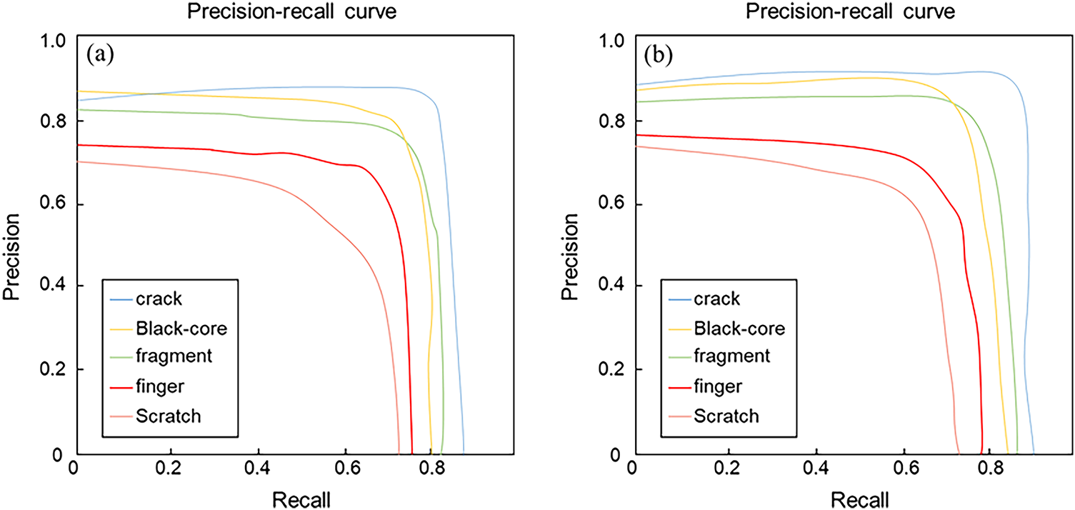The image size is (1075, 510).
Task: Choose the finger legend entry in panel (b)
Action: pos(717,386)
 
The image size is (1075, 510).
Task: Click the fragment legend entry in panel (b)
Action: pos(731,356)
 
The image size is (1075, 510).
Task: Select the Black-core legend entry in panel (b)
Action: pos(739,329)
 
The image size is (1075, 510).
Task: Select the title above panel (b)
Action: pos(849,11)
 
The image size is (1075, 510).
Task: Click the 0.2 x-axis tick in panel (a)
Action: pos(170,472)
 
